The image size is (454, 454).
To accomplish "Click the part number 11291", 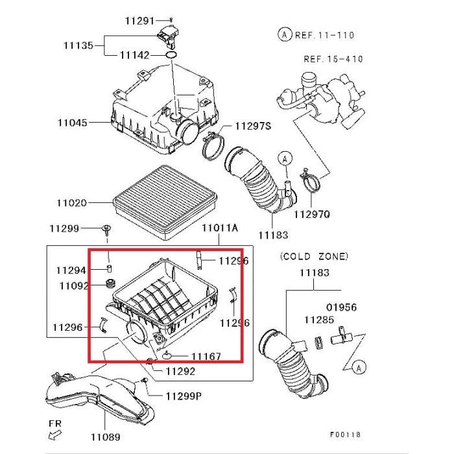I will click(139, 21).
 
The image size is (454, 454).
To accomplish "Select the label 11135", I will click(78, 45).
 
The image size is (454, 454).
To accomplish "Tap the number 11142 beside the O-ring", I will click(134, 56).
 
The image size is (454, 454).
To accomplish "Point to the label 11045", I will click(72, 122).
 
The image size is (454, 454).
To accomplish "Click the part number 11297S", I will click(253, 126).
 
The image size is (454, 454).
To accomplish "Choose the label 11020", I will click(71, 203).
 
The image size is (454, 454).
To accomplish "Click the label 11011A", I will click(220, 228).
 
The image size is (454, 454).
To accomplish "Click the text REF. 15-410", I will click(333, 59).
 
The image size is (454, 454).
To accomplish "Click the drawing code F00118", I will click(345, 435).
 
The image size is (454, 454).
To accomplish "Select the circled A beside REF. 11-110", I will click(284, 34).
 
